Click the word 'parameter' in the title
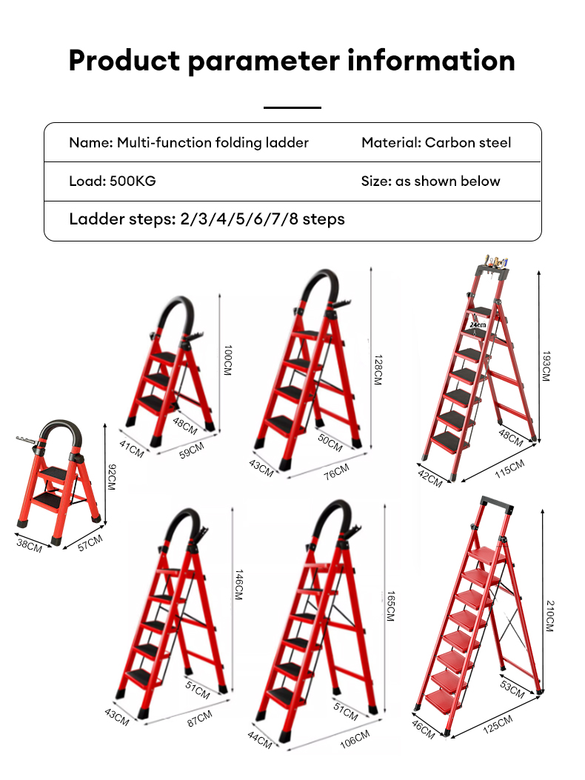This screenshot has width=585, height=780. (x=261, y=61)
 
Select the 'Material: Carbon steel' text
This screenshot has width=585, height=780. (x=436, y=142)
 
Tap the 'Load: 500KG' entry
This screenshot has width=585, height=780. (x=113, y=181)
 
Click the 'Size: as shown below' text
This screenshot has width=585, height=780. (x=430, y=181)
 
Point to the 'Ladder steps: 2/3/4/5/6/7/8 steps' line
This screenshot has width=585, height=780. (x=207, y=219)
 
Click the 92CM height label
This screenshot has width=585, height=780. (x=112, y=476)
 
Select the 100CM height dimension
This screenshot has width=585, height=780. (x=227, y=361)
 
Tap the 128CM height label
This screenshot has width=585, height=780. (x=377, y=369)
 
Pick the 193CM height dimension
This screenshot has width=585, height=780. (x=546, y=366)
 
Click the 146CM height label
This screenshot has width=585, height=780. (x=238, y=585)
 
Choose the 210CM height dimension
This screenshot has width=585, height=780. (x=549, y=616)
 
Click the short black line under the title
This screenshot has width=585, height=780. (x=292, y=107)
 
